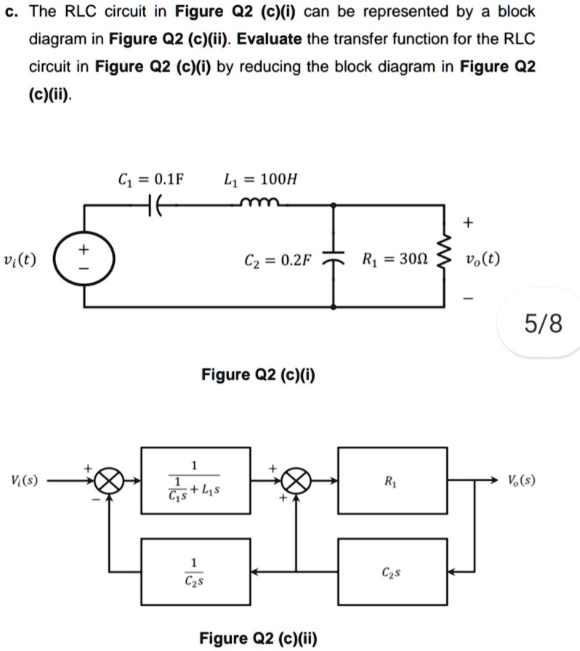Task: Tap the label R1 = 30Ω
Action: pyautogui.click(x=395, y=259)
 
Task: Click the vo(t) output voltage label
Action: pyautogui.click(x=483, y=259)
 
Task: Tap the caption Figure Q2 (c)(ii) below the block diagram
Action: pyautogui.click(x=258, y=637)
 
